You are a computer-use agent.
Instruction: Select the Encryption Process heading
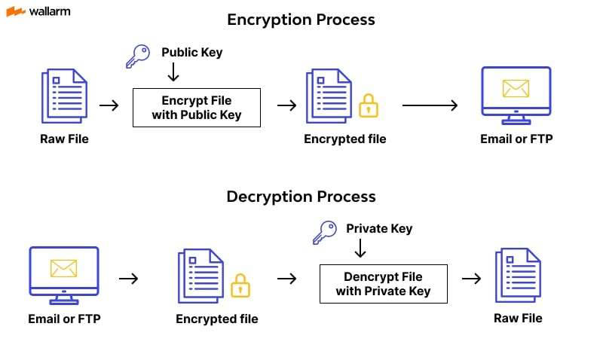tap(301, 20)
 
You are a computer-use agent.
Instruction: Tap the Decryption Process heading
tap(301, 197)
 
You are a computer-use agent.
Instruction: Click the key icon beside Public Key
tap(138, 56)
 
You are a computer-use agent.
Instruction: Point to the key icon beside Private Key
tap(325, 232)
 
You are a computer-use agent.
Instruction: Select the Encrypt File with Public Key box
tap(196, 108)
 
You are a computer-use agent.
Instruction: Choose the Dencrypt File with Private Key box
tap(383, 284)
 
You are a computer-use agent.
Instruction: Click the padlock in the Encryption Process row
tap(368, 105)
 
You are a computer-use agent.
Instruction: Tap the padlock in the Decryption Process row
tap(240, 285)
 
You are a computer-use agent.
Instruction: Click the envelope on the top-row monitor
tap(516, 89)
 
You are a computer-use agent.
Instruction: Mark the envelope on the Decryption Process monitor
tap(63, 268)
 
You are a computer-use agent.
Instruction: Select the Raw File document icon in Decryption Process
tap(518, 276)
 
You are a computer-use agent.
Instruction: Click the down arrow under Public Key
tap(173, 72)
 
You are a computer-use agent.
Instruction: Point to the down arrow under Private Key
tap(360, 249)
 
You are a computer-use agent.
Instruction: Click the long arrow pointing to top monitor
tap(430, 105)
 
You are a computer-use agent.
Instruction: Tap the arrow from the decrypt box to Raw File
tap(471, 279)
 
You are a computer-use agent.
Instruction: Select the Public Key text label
tap(191, 53)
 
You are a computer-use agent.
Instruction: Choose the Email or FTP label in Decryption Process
tap(64, 319)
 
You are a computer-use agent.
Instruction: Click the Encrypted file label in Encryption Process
tap(344, 139)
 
